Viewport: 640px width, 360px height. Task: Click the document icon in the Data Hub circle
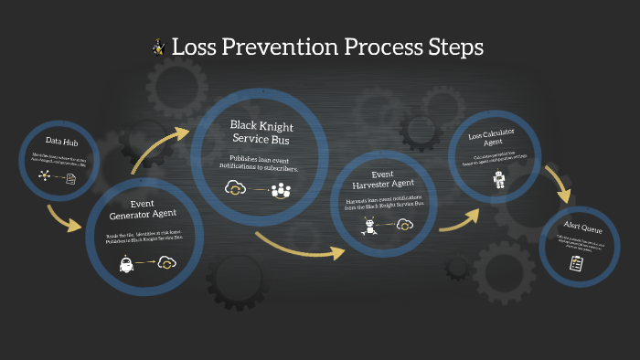[x=70, y=178]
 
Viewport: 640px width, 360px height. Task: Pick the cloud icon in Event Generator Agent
[x=166, y=263]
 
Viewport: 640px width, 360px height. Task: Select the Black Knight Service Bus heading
[x=263, y=131]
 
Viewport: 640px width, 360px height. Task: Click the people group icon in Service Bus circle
[x=280, y=189]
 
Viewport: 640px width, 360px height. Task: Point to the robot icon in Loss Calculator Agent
[x=499, y=180]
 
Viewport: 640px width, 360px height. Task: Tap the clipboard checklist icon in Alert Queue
[x=576, y=263]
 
